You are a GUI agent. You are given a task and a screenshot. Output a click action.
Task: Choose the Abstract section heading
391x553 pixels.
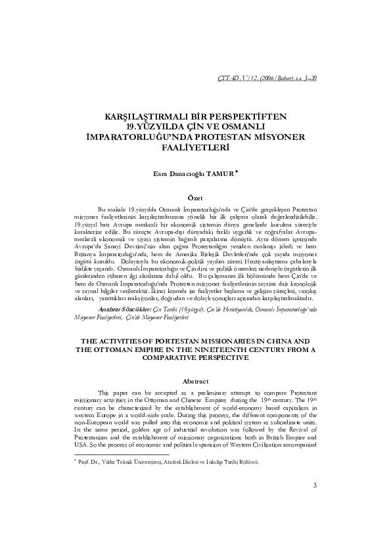tap(195, 382)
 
